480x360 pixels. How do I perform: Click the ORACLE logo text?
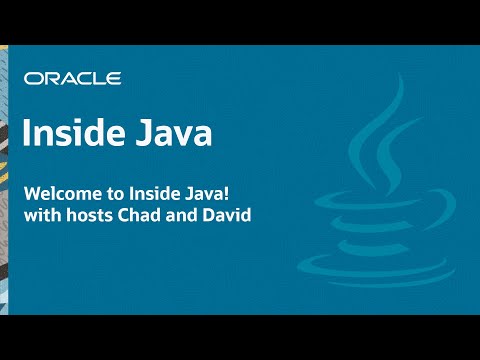tap(73, 78)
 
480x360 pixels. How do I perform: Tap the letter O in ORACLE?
tap(33, 78)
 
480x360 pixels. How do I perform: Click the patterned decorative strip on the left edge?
tap(6, 180)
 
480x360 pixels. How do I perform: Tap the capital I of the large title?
tap(27, 133)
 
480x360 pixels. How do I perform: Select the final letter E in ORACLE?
tap(115, 78)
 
